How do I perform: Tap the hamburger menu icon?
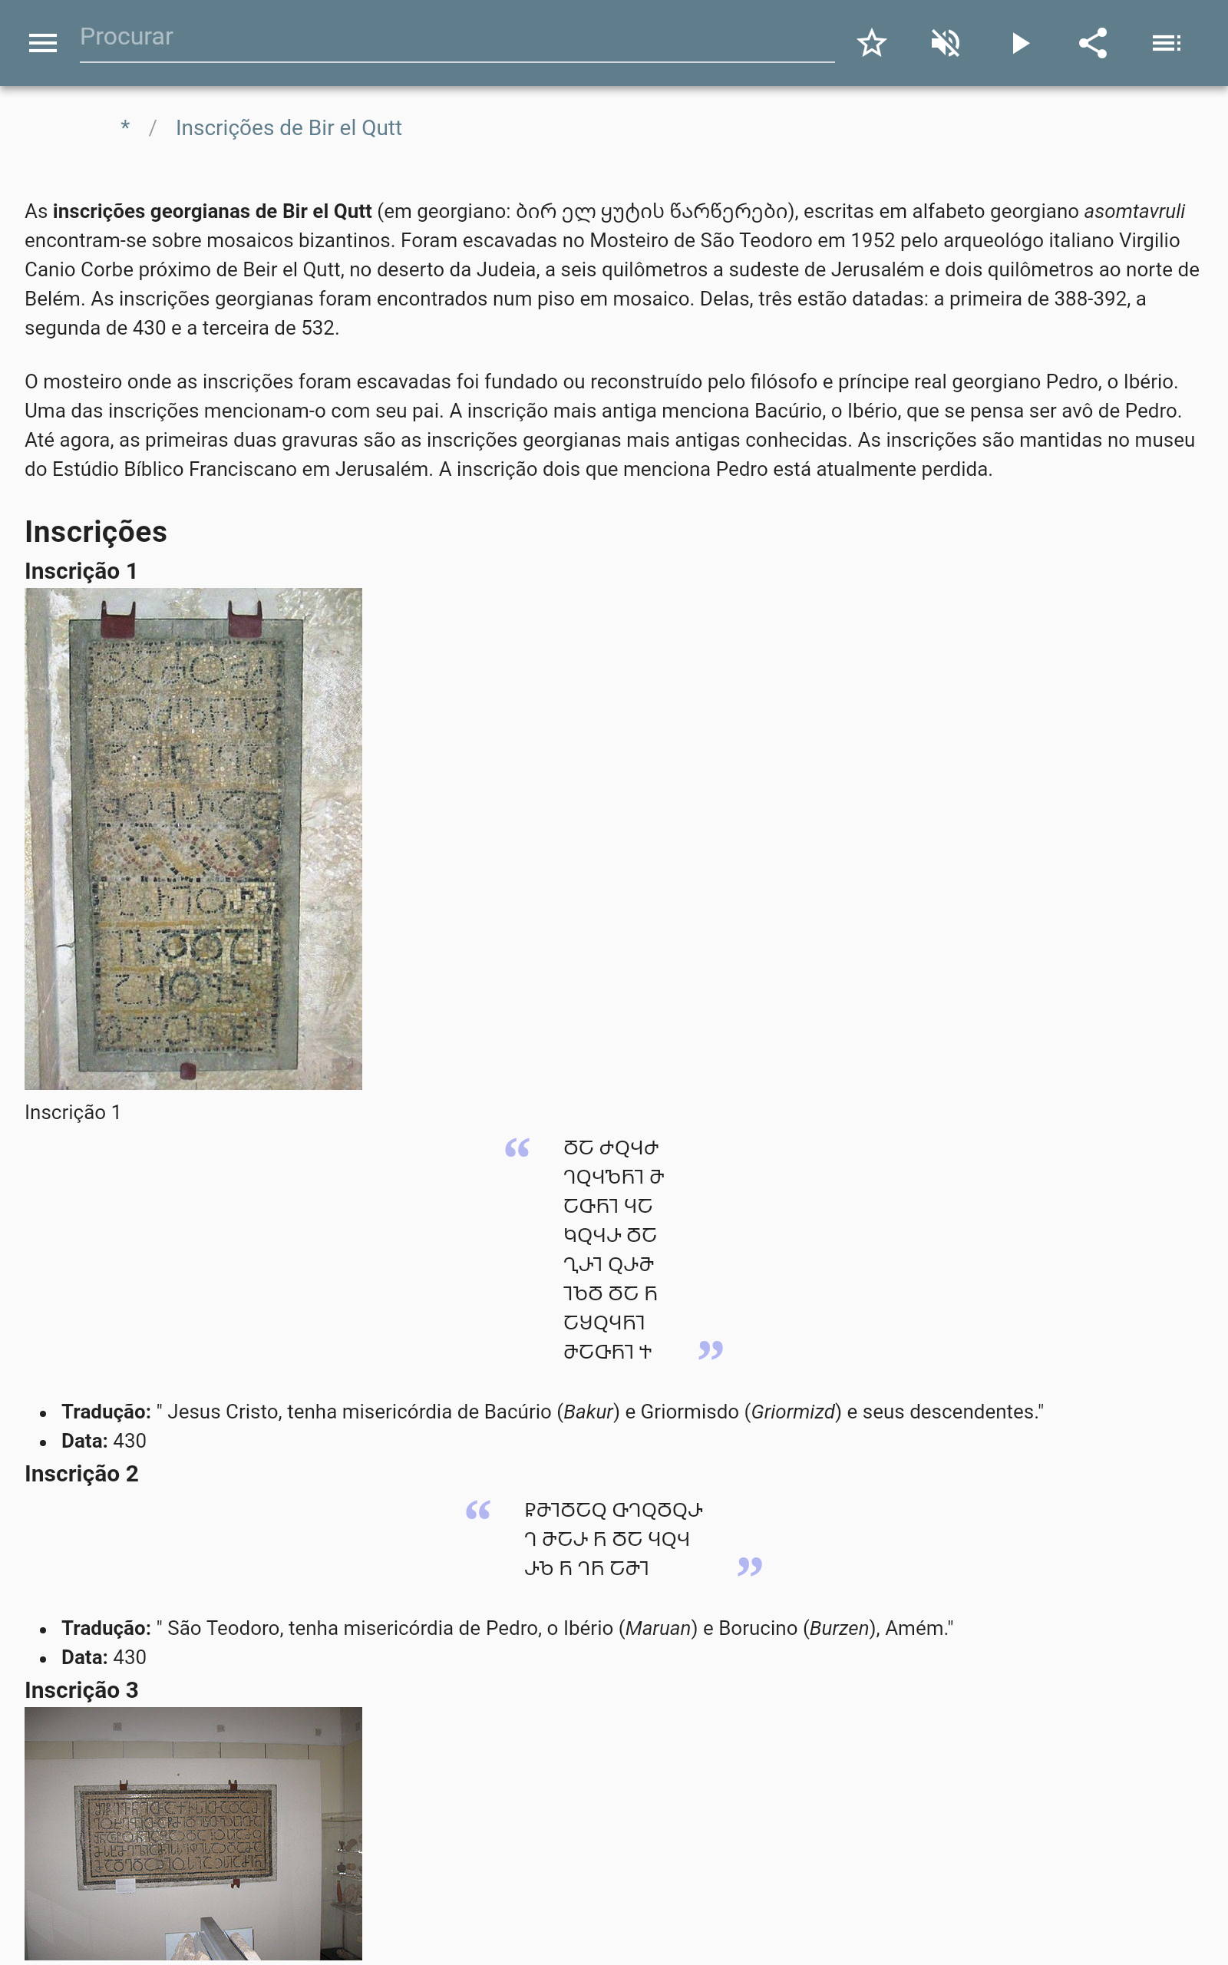(x=42, y=43)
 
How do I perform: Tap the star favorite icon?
(x=871, y=43)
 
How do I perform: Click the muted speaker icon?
(x=946, y=43)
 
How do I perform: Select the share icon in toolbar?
(x=1093, y=43)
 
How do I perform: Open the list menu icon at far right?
(x=1167, y=43)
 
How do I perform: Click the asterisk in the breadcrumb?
(x=125, y=127)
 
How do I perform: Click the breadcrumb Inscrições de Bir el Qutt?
(x=289, y=128)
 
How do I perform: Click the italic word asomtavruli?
(x=1134, y=211)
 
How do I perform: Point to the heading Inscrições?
(x=96, y=532)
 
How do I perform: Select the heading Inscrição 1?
(x=81, y=571)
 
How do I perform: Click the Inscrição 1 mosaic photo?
(x=193, y=838)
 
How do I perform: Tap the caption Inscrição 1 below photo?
(x=72, y=1112)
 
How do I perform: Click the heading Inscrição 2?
(x=81, y=1474)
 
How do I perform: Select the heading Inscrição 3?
(x=81, y=1690)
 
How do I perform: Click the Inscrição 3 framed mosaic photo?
(x=193, y=1834)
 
